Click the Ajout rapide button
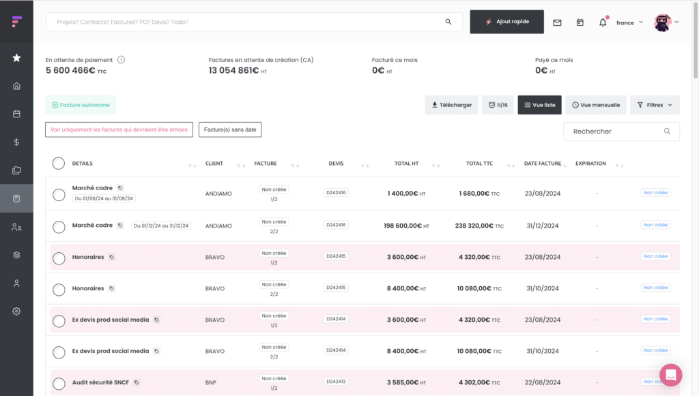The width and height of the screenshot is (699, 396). click(x=507, y=22)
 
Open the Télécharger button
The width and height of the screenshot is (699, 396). click(x=451, y=105)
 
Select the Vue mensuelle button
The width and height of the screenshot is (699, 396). click(x=596, y=105)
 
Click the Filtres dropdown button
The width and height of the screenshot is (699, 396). click(x=655, y=105)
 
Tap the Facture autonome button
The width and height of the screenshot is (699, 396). click(x=81, y=105)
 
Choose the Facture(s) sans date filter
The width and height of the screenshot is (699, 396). click(x=230, y=130)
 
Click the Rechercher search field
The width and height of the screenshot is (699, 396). click(x=621, y=132)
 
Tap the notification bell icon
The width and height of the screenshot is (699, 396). click(x=603, y=22)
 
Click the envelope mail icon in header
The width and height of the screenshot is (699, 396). click(x=557, y=22)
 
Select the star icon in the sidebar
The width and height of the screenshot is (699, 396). click(x=16, y=58)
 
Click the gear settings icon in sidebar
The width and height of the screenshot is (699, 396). click(x=16, y=311)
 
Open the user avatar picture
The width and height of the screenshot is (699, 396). click(x=662, y=22)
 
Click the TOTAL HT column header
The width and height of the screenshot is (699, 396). click(x=406, y=164)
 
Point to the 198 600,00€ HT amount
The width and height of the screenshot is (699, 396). click(x=406, y=226)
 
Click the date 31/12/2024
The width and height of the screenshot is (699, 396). click(x=543, y=226)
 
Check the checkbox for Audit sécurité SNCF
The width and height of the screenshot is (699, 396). click(x=59, y=384)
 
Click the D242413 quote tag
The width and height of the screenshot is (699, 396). click(x=336, y=382)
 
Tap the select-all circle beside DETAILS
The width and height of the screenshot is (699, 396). click(x=59, y=164)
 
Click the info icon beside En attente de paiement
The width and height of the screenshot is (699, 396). click(x=122, y=59)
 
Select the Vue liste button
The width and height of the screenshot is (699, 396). click(x=539, y=105)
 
